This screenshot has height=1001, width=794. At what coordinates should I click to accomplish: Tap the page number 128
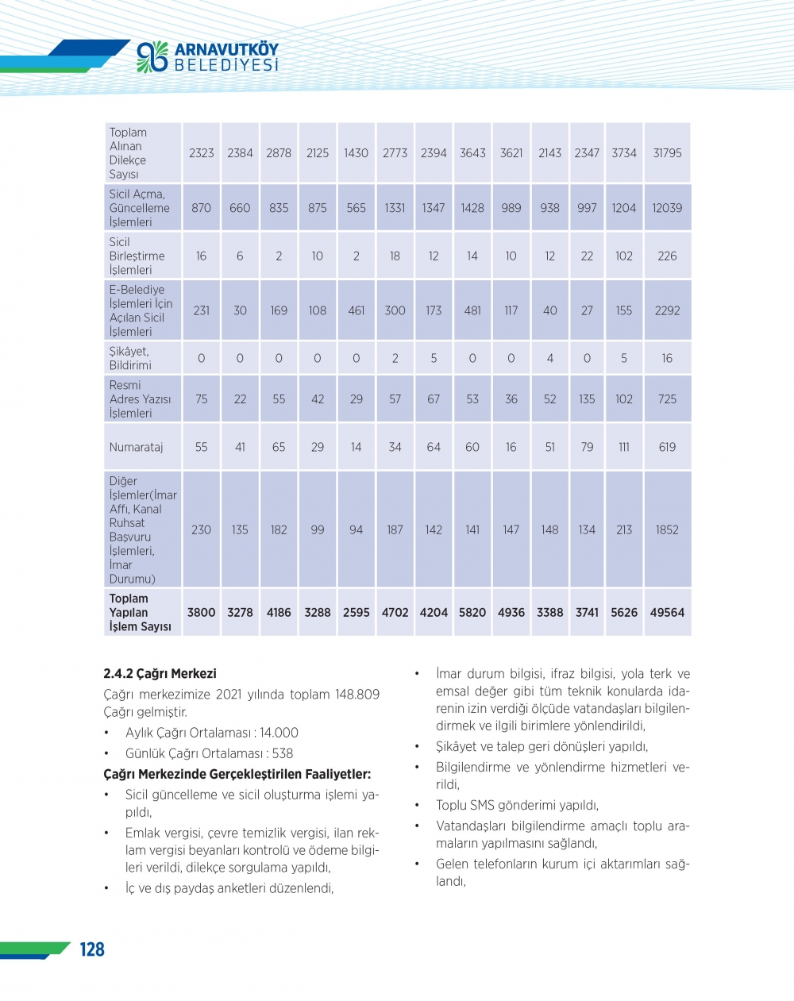(92, 949)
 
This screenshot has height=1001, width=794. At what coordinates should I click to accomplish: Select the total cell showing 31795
(667, 153)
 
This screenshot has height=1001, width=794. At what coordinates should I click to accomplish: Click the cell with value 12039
(667, 208)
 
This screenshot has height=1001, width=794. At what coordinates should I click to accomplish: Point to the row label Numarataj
(136, 447)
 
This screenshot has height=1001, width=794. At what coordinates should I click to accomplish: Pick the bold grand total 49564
(667, 613)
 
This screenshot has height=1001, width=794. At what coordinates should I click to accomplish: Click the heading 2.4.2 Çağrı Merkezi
(160, 673)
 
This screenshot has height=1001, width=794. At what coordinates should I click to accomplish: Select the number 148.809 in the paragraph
(357, 695)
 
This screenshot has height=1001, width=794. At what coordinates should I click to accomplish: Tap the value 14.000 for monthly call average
(279, 733)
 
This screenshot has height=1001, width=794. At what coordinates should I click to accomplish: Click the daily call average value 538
(283, 753)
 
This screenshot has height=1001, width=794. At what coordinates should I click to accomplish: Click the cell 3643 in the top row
(472, 153)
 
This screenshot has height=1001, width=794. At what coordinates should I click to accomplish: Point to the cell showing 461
(357, 310)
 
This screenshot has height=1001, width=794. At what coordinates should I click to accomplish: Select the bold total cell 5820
(472, 613)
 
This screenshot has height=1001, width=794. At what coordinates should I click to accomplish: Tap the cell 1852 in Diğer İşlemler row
(667, 529)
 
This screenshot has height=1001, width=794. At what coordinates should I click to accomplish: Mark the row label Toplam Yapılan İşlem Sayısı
(140, 613)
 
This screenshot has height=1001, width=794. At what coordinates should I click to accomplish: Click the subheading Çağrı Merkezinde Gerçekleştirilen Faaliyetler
(237, 774)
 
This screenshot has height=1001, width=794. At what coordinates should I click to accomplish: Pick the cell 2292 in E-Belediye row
(667, 310)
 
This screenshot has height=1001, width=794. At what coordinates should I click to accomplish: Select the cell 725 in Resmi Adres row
(667, 399)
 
